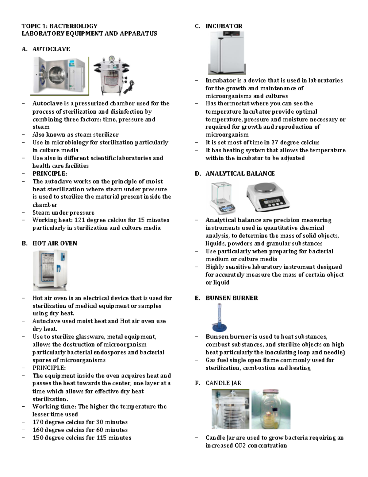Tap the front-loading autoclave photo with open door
pos(59,76)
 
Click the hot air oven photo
pos(50,270)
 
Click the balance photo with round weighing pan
pos(268,197)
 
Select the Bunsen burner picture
pos(220,318)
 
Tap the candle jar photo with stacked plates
pos(230,409)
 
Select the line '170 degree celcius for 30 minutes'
pos(80,422)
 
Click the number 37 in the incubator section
pos(275,143)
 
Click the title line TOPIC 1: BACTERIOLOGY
pos(59,26)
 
